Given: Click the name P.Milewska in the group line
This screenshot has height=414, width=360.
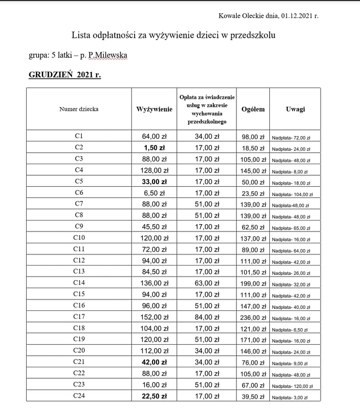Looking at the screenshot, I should click(108, 56).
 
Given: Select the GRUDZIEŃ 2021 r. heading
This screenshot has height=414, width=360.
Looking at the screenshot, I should click(65, 75).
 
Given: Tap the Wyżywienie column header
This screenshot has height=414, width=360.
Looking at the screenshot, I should click(154, 109).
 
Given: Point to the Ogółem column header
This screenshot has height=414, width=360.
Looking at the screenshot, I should click(253, 109).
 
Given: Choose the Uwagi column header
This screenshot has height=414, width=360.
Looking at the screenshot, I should click(296, 109).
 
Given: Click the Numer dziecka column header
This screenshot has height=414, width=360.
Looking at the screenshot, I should click(79, 109).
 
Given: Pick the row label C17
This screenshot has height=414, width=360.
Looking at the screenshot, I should click(79, 317).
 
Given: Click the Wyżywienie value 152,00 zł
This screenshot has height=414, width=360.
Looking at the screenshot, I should click(154, 317).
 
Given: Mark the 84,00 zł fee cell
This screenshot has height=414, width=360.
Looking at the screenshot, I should click(207, 317).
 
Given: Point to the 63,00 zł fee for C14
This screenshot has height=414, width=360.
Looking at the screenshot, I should click(207, 283).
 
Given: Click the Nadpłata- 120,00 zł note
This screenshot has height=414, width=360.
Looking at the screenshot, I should click(292, 386).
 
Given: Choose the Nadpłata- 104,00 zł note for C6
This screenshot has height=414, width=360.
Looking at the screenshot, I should click(292, 194).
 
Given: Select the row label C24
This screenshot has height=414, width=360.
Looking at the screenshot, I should click(79, 396).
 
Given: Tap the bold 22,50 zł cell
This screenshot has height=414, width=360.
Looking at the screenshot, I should click(154, 396).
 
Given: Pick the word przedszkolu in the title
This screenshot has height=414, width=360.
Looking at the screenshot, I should click(253, 35).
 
